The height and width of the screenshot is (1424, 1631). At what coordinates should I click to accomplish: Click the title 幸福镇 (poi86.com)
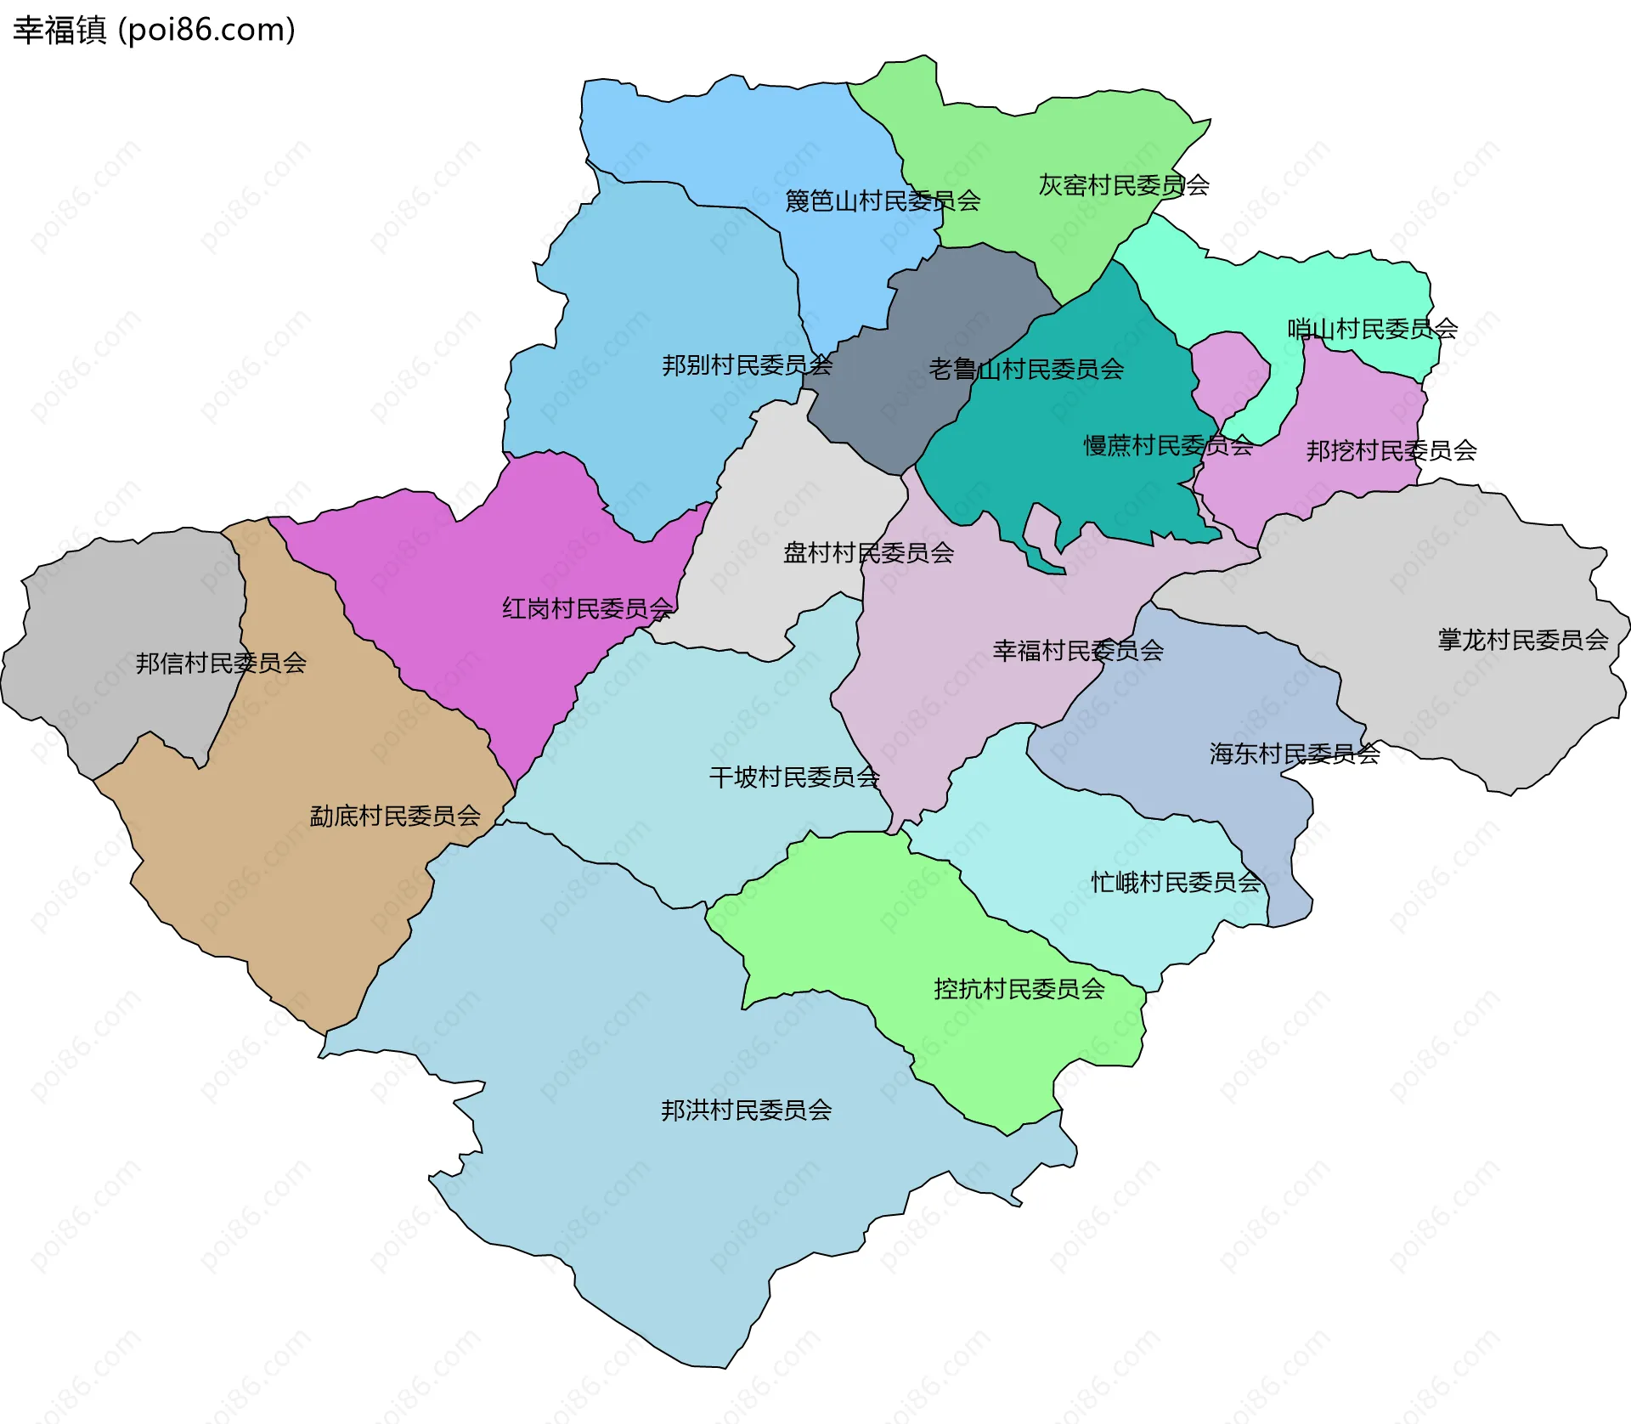click(x=154, y=30)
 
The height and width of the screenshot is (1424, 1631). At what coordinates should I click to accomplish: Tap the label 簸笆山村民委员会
click(x=882, y=201)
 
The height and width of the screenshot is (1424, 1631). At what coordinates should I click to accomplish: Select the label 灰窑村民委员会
click(x=1123, y=185)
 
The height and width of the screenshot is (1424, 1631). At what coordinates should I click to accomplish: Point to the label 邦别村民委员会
click(x=747, y=365)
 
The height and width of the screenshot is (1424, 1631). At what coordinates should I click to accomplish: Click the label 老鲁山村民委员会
click(x=1026, y=370)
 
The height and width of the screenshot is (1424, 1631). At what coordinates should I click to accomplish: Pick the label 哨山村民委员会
click(x=1372, y=329)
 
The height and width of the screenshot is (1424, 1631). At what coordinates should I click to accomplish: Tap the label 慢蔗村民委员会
click(x=1168, y=445)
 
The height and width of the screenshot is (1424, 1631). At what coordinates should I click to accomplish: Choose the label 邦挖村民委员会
click(x=1391, y=450)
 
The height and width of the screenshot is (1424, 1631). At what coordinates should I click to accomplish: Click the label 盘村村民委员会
click(x=868, y=553)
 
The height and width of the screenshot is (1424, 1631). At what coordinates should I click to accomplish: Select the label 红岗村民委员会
click(x=587, y=608)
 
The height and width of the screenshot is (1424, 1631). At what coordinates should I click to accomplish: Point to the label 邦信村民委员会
click(x=221, y=663)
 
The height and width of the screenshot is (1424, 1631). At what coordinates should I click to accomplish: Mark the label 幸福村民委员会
click(x=1077, y=651)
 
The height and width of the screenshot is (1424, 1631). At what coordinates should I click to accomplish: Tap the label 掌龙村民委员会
click(x=1522, y=640)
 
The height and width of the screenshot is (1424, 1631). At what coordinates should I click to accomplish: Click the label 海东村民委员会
click(x=1294, y=754)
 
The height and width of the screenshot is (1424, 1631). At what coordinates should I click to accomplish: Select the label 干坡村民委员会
click(x=793, y=777)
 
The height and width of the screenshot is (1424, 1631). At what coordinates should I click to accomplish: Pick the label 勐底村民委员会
click(x=395, y=817)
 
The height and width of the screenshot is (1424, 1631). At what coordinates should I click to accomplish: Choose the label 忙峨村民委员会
click(x=1176, y=883)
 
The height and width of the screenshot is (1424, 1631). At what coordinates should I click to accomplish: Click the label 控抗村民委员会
click(x=1019, y=989)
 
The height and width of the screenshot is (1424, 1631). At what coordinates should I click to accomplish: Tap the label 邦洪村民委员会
click(x=746, y=1110)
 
